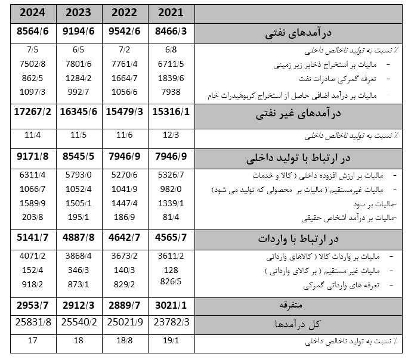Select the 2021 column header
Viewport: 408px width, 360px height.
(x=171, y=13)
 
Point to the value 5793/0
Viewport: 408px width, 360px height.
(x=79, y=176)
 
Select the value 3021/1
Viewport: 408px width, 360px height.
(x=171, y=306)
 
